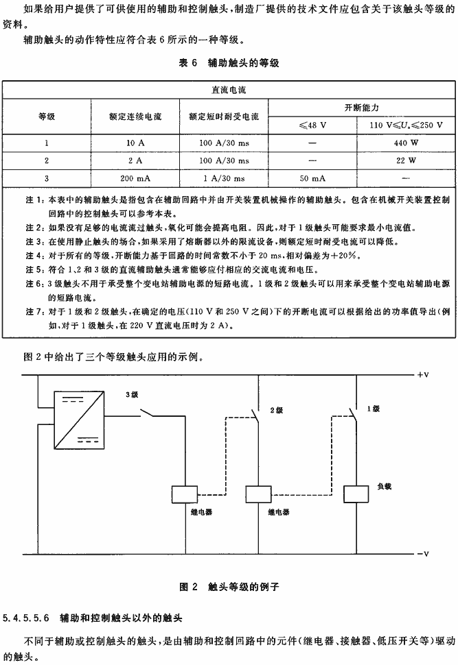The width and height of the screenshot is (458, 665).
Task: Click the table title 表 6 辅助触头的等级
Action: coord(229,63)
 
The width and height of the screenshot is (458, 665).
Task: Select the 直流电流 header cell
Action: coord(229,90)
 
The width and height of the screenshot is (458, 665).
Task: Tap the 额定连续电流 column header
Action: coord(135,117)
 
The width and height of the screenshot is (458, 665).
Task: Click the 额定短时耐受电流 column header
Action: coord(224,117)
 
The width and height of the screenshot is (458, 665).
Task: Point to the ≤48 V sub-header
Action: coord(312,125)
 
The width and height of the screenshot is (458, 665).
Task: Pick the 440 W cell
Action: coord(406,143)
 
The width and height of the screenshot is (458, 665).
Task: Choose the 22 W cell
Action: coord(406,160)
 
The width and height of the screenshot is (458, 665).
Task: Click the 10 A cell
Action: coord(135,143)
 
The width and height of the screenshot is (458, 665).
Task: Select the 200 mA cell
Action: coord(135,178)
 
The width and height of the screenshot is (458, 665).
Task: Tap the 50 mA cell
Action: coord(312,178)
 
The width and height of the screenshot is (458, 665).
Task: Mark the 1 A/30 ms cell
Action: coord(224,178)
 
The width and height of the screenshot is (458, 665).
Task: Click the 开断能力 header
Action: coord(362,108)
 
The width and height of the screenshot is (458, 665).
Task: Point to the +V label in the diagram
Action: coord(423,375)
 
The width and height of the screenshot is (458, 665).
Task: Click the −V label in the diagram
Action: coord(423,554)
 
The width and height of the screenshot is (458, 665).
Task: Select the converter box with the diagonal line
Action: coord(79,420)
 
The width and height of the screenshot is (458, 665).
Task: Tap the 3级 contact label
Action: coord(132,395)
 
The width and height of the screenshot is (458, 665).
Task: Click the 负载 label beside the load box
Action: coord(384,487)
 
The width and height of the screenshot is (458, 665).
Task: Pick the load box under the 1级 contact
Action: coord(356,494)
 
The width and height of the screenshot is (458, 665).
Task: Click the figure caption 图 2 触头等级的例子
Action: coord(229,587)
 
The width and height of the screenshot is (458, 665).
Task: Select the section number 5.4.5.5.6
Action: coord(26,618)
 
